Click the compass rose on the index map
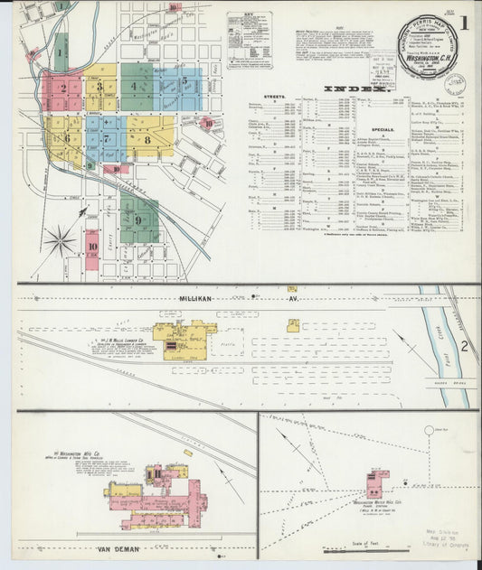(61, 240)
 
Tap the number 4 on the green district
(135, 87)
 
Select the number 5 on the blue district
(184, 81)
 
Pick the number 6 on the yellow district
(66, 138)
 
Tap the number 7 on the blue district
(107, 139)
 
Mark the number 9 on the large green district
(137, 220)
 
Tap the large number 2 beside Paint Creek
(463, 346)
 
